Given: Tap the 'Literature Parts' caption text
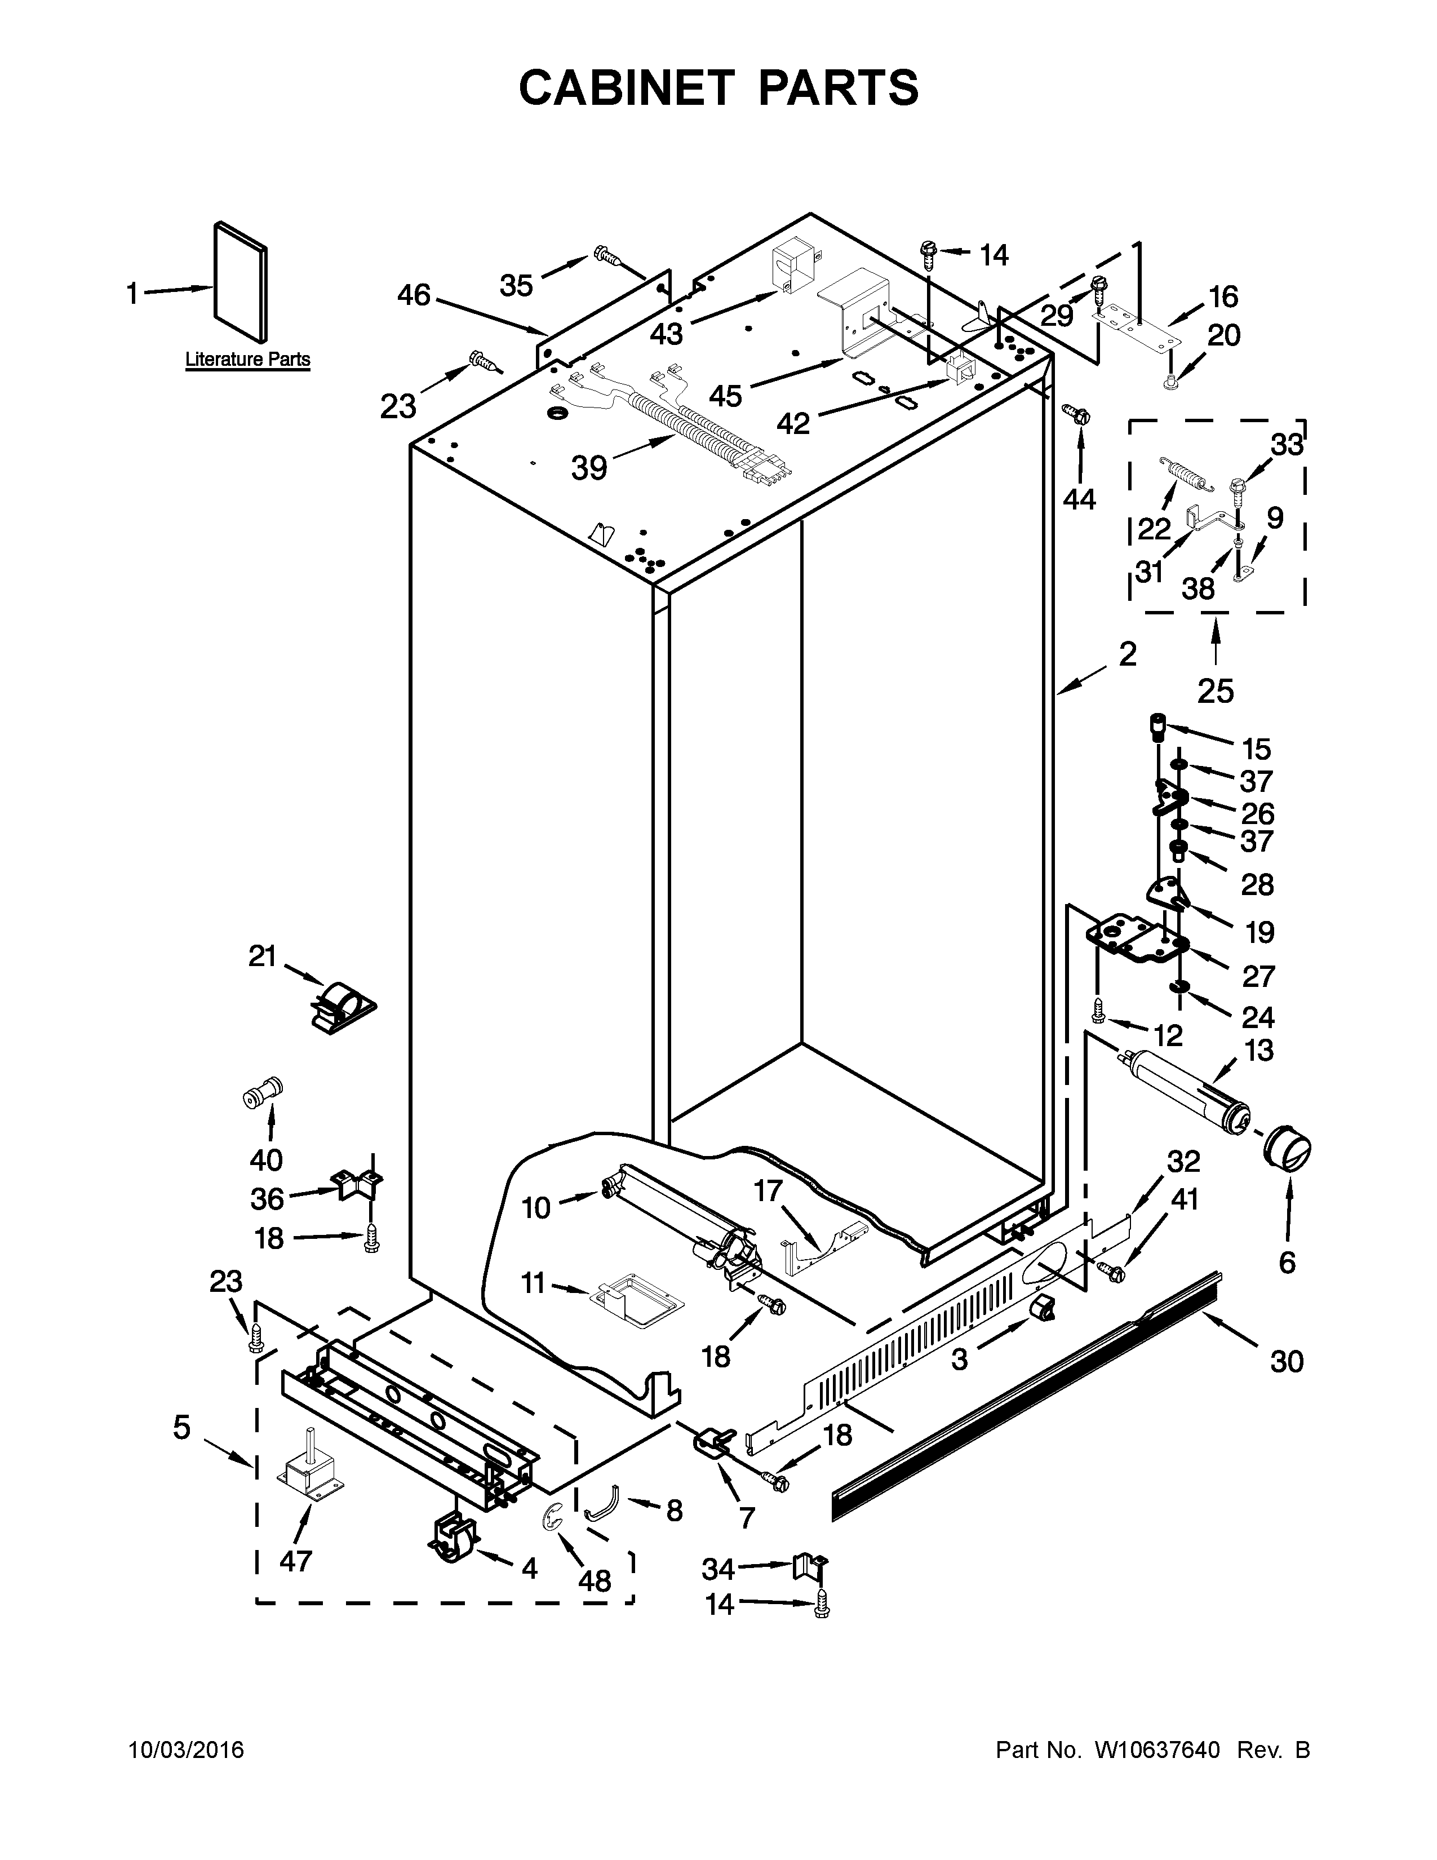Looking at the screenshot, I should tap(248, 360).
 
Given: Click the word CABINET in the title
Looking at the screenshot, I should tap(625, 88).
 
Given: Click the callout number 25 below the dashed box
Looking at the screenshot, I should tap(1215, 690).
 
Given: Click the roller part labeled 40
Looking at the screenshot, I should tap(263, 1093).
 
